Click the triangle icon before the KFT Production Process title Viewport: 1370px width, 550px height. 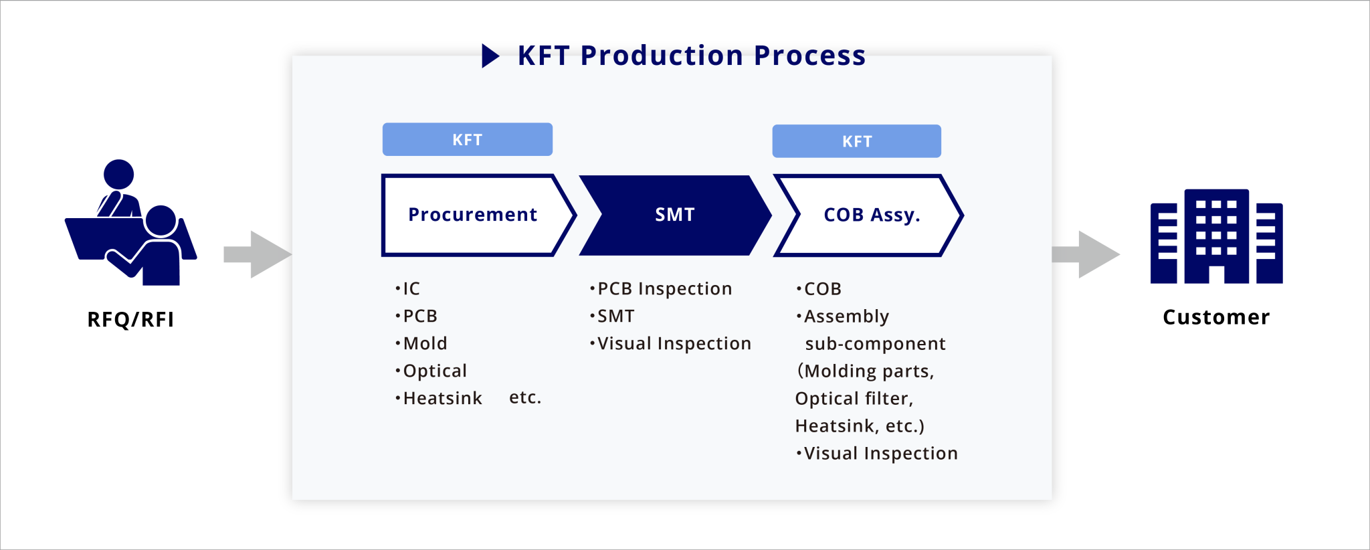[490, 56]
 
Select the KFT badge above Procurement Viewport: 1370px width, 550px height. [467, 140]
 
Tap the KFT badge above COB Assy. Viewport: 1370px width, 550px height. [856, 141]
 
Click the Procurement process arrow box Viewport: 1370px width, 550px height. [472, 215]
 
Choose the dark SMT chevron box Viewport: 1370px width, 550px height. [674, 215]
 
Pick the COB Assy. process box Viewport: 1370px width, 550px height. [871, 215]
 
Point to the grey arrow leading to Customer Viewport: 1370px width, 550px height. [1085, 254]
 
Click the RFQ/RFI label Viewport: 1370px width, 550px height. [130, 320]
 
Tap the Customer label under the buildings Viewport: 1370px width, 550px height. [1215, 317]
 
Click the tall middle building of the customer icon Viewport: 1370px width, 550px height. [1216, 234]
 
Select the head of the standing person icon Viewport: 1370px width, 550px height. [118, 174]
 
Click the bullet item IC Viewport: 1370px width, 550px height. [410, 288]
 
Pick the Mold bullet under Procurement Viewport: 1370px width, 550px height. [424, 343]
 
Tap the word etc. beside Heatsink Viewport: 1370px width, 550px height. [525, 397]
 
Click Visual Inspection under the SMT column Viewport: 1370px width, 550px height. [673, 343]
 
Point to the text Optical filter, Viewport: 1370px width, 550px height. [854, 399]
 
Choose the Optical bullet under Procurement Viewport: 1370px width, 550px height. [434, 371]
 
